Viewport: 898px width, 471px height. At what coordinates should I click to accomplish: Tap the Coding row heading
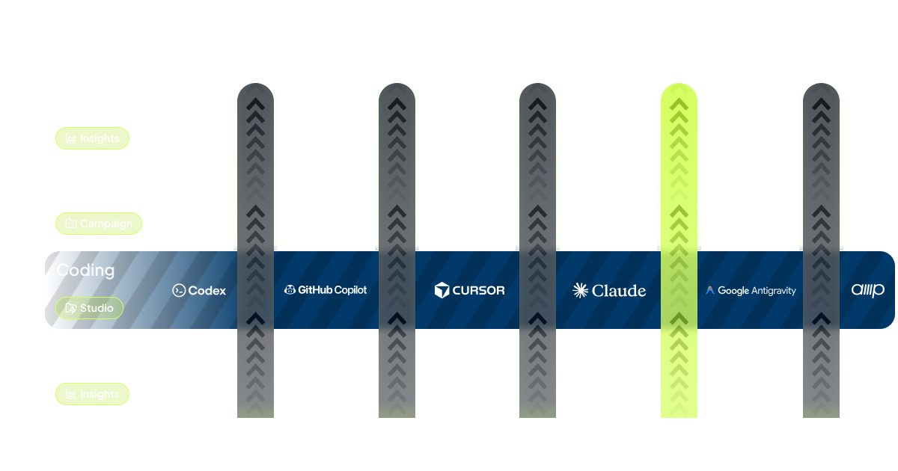(85, 270)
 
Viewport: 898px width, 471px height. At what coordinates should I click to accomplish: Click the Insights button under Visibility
(93, 138)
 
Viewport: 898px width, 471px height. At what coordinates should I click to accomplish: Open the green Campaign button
(99, 224)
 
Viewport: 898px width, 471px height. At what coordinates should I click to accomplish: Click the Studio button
(90, 308)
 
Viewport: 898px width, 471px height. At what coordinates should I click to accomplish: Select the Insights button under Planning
(93, 394)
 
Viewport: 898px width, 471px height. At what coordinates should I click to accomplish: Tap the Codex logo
(199, 291)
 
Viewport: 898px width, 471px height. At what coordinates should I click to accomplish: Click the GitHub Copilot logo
(326, 290)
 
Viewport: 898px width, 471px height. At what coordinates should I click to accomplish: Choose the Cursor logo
(470, 290)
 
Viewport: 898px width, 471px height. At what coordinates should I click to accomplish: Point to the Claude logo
(609, 291)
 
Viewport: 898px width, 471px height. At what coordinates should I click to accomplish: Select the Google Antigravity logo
(751, 291)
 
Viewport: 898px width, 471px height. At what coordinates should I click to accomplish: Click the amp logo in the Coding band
(868, 290)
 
